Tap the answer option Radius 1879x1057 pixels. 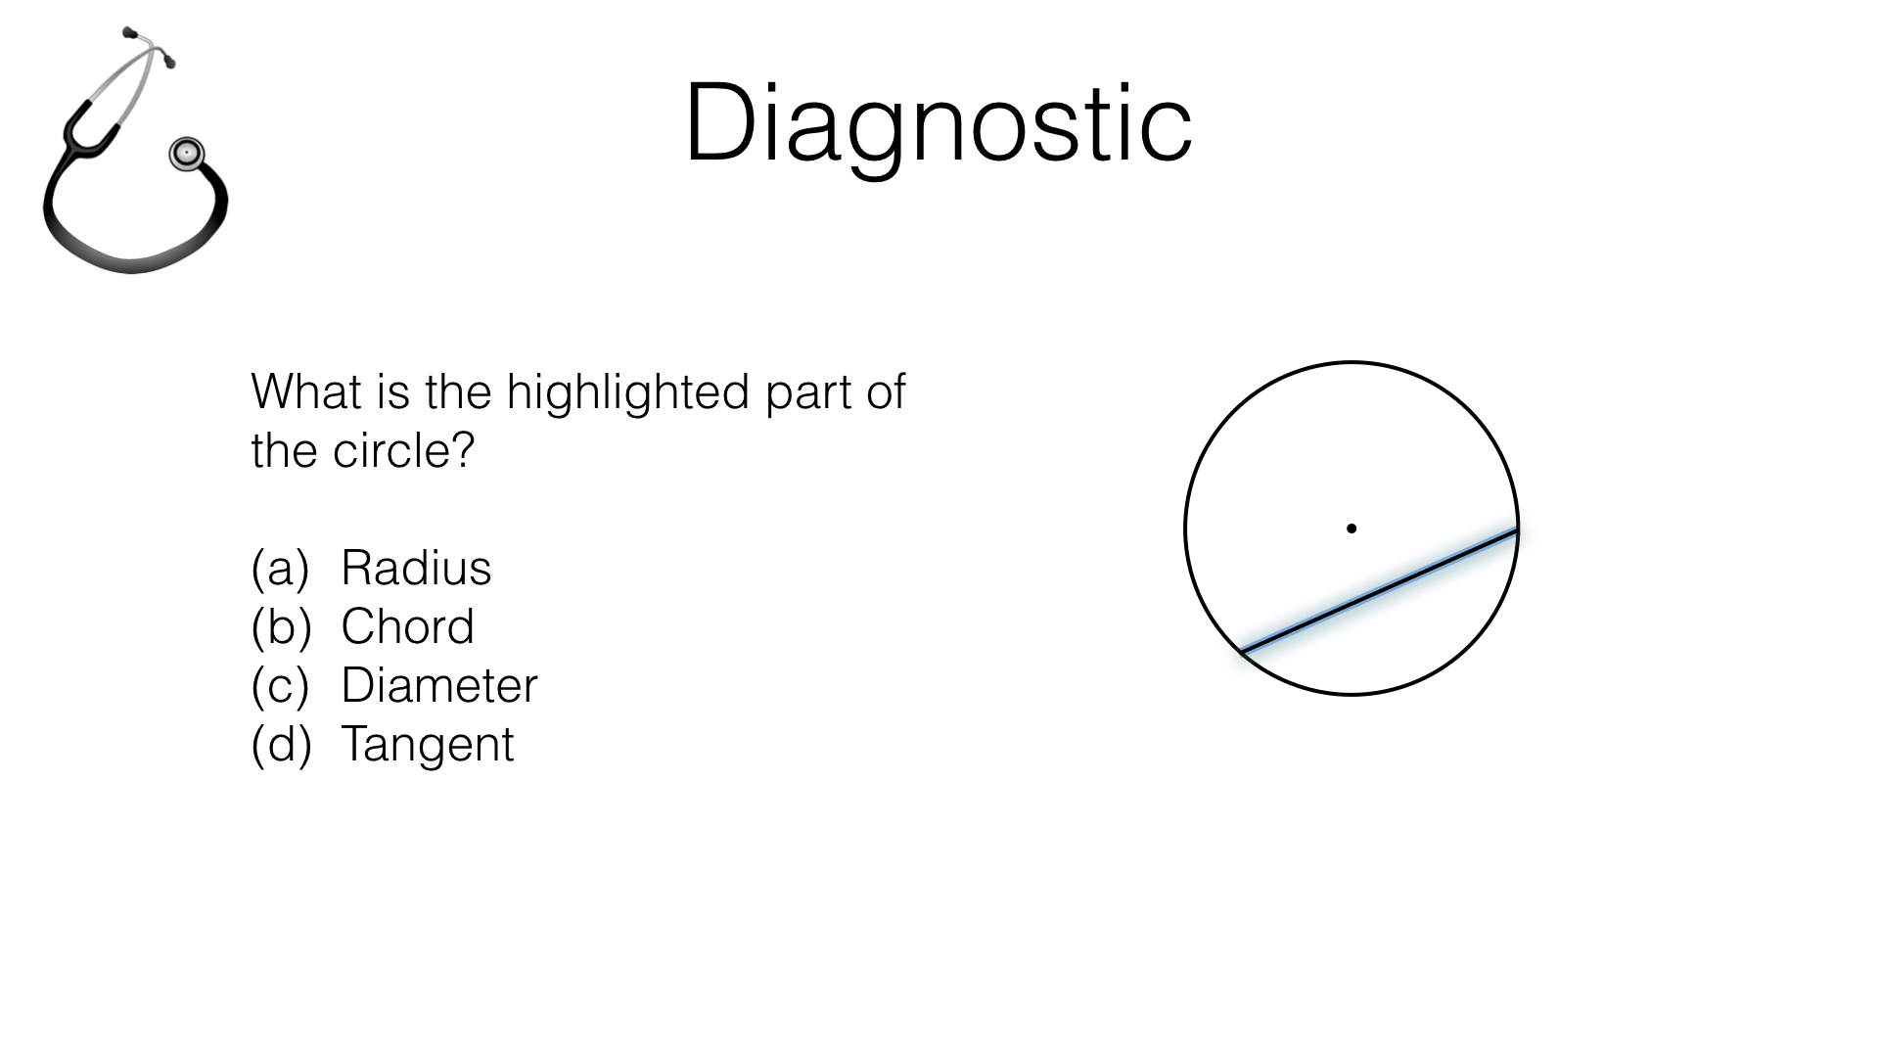click(x=416, y=568)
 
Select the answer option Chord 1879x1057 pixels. click(x=407, y=626)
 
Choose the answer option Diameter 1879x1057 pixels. click(x=439, y=685)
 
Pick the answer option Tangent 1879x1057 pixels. click(x=427, y=744)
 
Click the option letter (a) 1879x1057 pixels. click(x=280, y=568)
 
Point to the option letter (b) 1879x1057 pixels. click(x=281, y=626)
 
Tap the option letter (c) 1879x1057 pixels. click(x=280, y=685)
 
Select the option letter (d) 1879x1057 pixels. click(x=281, y=744)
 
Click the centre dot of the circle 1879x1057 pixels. click(x=1352, y=528)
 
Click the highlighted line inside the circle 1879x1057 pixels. click(x=1379, y=590)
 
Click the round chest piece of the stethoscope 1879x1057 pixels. click(x=186, y=154)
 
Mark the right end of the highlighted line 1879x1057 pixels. click(x=1516, y=530)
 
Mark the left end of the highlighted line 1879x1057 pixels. click(x=1243, y=650)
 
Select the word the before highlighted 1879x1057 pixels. click(x=458, y=391)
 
